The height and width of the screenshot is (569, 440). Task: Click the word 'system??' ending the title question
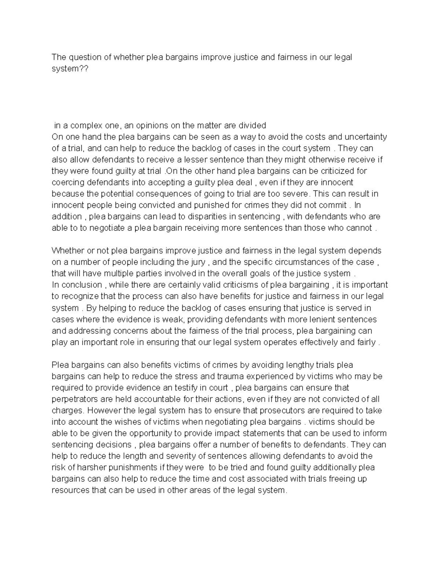coord(70,69)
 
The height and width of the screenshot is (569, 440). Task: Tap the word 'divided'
coord(252,126)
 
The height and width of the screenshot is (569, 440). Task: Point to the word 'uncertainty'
coord(366,137)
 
